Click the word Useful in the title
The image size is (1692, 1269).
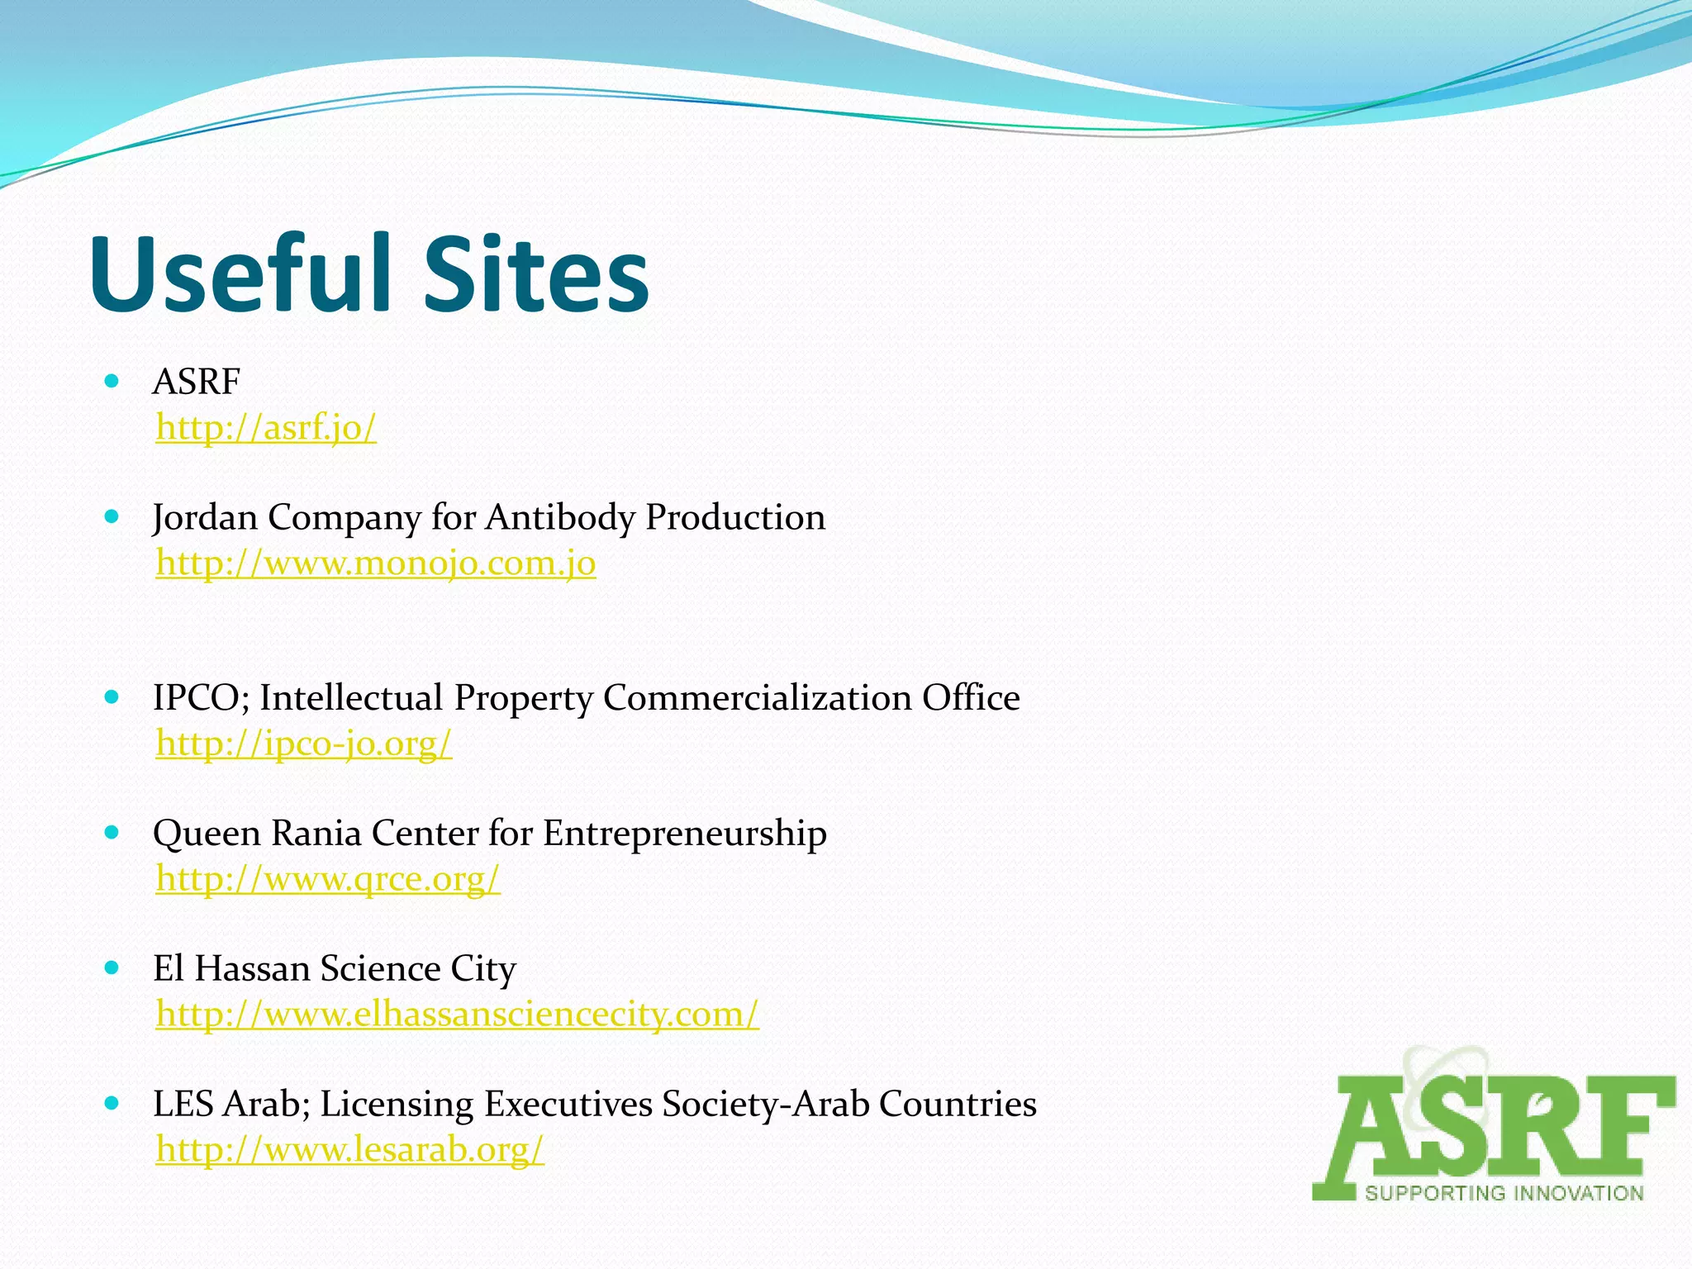(240, 273)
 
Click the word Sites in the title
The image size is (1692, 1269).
(536, 273)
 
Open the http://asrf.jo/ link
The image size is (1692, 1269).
(266, 428)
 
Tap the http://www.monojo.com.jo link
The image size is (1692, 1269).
(376, 563)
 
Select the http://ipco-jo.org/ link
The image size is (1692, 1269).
(304, 744)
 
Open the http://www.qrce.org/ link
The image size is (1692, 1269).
(328, 879)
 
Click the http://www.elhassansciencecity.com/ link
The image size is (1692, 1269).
(457, 1014)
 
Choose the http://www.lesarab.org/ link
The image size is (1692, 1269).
(350, 1149)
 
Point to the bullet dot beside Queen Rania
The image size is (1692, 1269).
(112, 833)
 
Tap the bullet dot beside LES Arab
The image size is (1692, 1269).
(112, 1104)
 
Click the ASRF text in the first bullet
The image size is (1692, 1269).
(197, 383)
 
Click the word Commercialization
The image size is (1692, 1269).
(757, 698)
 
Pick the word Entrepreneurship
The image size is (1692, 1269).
(685, 833)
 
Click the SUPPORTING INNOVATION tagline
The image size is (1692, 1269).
(1504, 1193)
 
